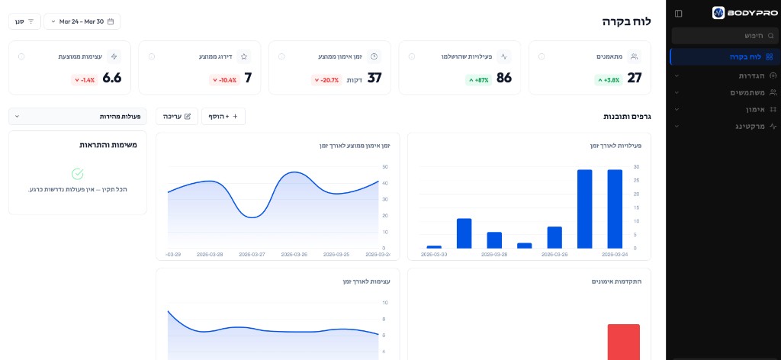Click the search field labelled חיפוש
725,36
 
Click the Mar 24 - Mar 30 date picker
82,21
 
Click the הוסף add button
223,117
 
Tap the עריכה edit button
177,117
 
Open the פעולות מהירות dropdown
78,117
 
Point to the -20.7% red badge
325,79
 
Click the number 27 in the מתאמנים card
634,78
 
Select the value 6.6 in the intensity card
112,78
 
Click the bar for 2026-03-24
615,208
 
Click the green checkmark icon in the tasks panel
77,174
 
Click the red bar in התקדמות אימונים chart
623,342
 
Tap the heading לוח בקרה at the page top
626,21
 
